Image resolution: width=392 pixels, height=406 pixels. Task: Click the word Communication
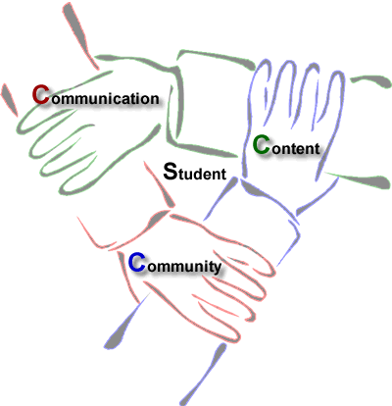(96, 95)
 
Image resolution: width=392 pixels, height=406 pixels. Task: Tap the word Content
(286, 145)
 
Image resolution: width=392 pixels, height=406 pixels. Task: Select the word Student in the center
(195, 172)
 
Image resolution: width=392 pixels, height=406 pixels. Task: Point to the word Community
(174, 264)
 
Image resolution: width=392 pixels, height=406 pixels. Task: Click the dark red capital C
(41, 94)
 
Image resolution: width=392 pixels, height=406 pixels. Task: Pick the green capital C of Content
(262, 145)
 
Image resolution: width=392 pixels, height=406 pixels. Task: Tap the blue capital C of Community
(137, 263)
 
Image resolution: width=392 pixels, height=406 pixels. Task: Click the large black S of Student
(171, 172)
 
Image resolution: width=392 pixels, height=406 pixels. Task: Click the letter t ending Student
(223, 174)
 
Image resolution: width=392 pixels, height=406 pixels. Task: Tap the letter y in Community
(216, 268)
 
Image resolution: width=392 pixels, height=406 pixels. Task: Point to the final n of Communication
(154, 99)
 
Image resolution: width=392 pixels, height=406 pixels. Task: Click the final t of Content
(317, 149)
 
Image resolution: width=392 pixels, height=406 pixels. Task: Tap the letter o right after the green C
(276, 149)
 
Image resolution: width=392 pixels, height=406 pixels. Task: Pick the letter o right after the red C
(56, 99)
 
